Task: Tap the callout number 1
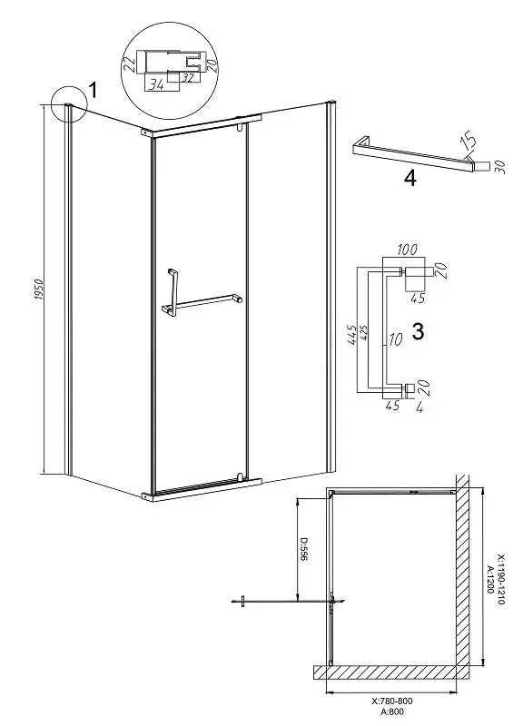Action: pos(93,90)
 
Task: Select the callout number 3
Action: pos(418,331)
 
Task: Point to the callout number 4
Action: pos(410,178)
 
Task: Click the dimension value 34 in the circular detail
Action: pos(156,84)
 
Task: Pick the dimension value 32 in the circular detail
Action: pos(187,77)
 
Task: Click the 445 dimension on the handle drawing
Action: pos(352,334)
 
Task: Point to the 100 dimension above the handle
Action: pos(408,250)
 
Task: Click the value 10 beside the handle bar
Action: pos(395,340)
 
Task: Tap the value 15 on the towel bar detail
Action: pos(467,142)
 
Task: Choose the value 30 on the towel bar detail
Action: pos(498,166)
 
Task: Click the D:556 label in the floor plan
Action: pos(303,550)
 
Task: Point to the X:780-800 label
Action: pos(392,701)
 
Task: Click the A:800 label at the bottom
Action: pos(392,712)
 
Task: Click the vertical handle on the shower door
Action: pos(172,292)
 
